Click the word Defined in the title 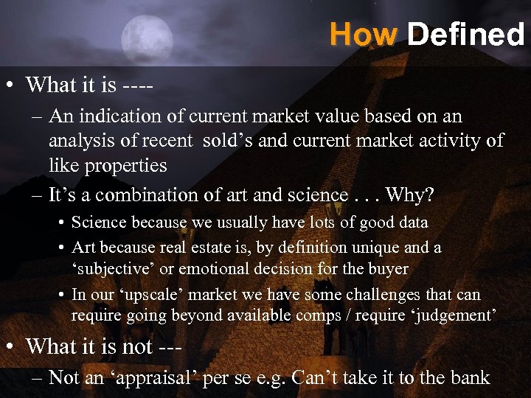pyautogui.click(x=465, y=33)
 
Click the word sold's pyautogui.click(x=255, y=141)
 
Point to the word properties pyautogui.click(x=125, y=165)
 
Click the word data pyautogui.click(x=412, y=222)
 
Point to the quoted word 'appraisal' pyautogui.click(x=148, y=378)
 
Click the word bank pyautogui.click(x=470, y=378)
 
